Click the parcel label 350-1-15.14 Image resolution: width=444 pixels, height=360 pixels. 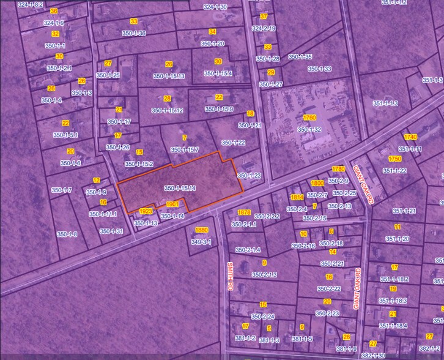(180, 188)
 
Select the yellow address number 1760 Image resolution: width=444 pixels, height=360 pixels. (309, 118)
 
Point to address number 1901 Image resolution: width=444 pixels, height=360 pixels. (172, 204)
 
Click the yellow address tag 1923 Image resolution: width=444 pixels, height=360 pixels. (146, 211)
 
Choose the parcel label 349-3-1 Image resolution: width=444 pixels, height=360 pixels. (201, 242)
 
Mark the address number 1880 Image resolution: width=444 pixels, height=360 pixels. (201, 230)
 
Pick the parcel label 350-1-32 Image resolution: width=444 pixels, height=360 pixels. (309, 130)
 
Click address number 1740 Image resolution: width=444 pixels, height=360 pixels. (410, 137)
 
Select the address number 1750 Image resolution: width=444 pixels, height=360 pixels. (395, 159)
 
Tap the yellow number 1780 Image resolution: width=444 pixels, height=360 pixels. (339, 168)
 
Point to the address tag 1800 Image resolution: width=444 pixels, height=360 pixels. (317, 183)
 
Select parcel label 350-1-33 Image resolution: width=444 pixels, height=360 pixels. (319, 69)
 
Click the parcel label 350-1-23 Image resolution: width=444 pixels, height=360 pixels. (249, 176)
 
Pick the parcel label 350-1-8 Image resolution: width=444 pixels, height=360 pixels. (67, 234)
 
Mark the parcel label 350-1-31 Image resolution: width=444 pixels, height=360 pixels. (111, 231)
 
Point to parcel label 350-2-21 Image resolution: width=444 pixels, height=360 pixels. (331, 263)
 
